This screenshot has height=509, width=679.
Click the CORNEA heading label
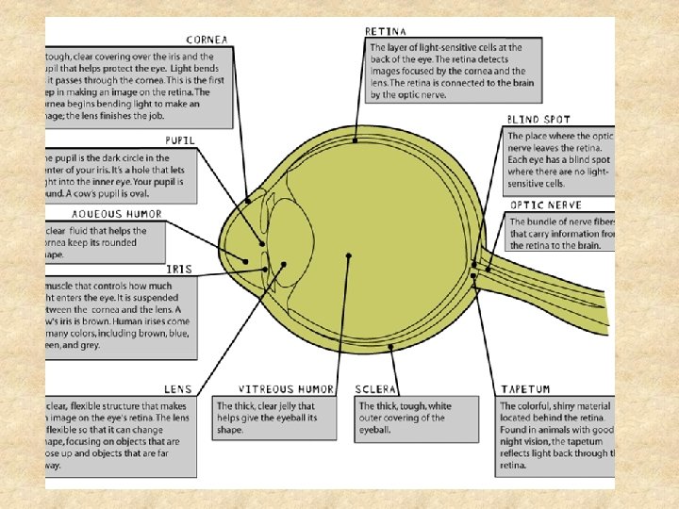(x=207, y=40)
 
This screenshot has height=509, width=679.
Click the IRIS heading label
(x=178, y=269)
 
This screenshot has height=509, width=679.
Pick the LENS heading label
(x=177, y=387)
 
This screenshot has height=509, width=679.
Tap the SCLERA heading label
(x=375, y=388)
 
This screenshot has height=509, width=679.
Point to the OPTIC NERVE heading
(x=546, y=205)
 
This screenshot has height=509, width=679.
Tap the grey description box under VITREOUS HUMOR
(x=273, y=419)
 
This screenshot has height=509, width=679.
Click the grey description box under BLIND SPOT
(x=558, y=157)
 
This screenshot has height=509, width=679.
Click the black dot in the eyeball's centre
(x=349, y=255)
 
